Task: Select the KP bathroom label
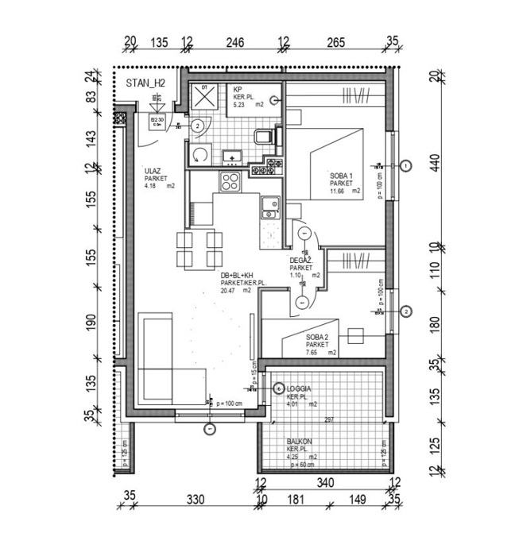(x=237, y=89)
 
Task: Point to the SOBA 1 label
(x=341, y=175)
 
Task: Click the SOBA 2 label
(x=318, y=337)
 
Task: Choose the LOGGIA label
(x=299, y=388)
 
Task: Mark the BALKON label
(x=300, y=441)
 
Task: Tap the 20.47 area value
(x=229, y=291)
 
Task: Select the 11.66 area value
(x=338, y=191)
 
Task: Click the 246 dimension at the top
(x=234, y=43)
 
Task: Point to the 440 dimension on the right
(x=434, y=164)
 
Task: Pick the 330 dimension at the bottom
(x=196, y=500)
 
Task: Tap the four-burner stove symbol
(x=230, y=181)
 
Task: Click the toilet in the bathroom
(x=265, y=138)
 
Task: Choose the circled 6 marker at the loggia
(x=278, y=388)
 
